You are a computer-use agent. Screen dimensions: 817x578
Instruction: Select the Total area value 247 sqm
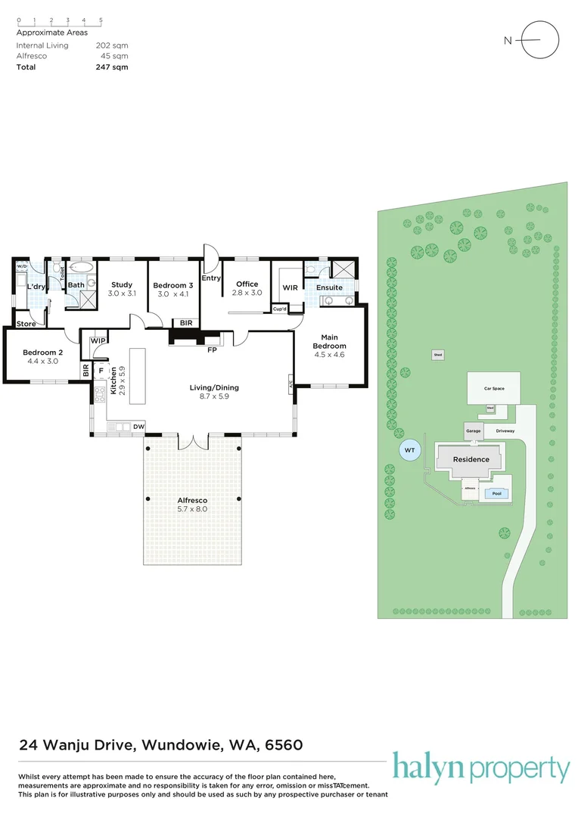[112, 67]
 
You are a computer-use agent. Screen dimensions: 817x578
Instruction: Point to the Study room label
[122, 285]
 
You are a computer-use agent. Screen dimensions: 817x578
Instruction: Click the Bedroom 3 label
[174, 285]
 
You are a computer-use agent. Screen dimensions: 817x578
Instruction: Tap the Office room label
[247, 284]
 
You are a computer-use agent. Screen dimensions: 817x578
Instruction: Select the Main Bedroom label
[329, 341]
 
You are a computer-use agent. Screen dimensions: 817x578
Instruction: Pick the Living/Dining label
[209, 388]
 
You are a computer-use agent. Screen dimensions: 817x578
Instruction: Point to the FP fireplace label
[213, 350]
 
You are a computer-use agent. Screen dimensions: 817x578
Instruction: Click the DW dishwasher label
[138, 427]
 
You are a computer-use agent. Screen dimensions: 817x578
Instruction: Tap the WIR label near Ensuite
[290, 287]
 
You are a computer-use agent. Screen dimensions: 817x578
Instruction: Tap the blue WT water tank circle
[409, 451]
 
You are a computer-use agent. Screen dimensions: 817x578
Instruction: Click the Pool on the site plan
[496, 493]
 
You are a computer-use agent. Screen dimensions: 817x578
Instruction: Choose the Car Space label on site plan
[494, 389]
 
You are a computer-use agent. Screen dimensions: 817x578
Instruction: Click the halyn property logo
[480, 769]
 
